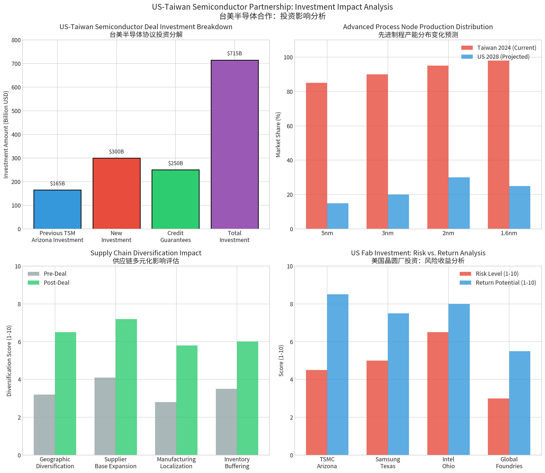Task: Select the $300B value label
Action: tap(116, 151)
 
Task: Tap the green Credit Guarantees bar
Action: tap(175, 199)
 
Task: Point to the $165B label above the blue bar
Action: tap(57, 184)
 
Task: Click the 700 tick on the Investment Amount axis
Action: tap(16, 64)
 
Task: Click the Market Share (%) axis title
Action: tap(278, 135)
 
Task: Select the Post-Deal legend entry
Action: tap(56, 282)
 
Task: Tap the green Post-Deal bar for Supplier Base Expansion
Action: tap(126, 387)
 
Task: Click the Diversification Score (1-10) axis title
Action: tap(9, 361)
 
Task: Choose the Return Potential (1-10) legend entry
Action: tap(505, 282)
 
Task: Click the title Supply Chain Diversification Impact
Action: tap(146, 253)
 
